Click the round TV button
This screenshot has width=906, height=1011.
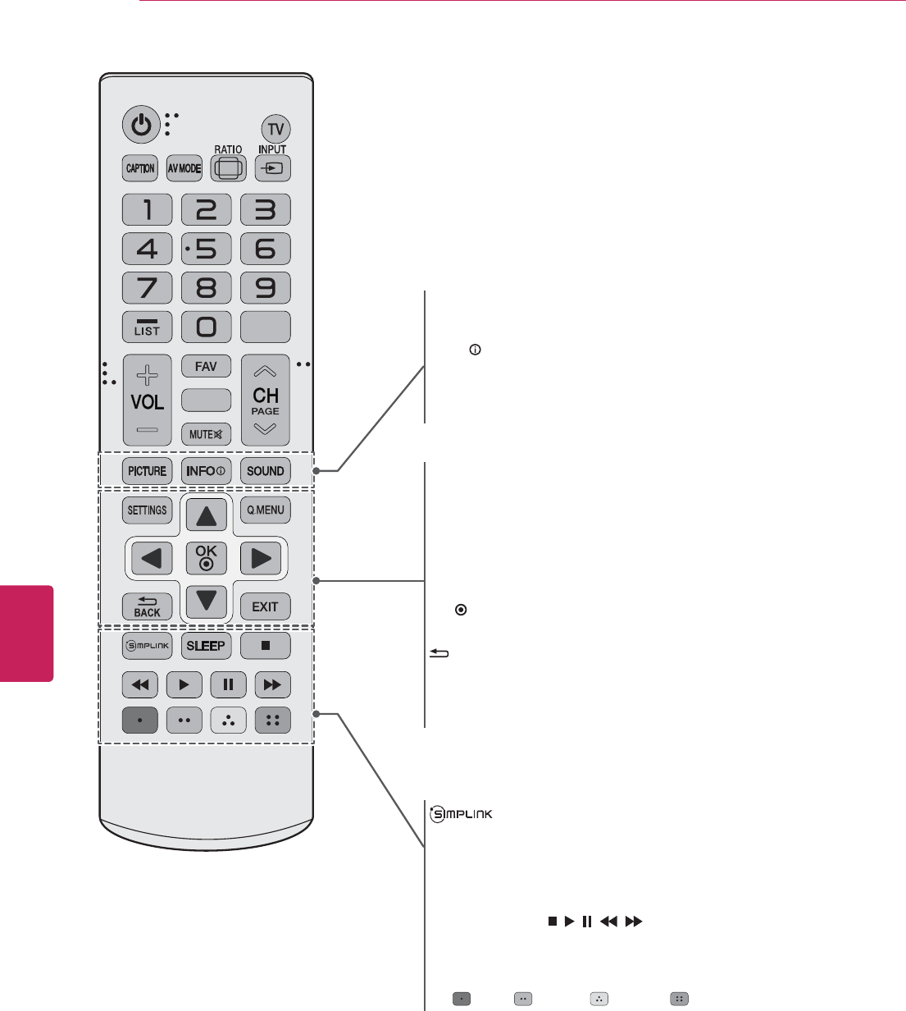[276, 129]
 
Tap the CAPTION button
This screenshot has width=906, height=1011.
[140, 168]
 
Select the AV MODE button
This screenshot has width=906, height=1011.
[184, 168]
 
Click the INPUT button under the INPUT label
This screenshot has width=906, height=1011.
[272, 169]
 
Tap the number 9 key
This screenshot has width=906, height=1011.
[266, 288]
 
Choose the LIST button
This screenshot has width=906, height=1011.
[148, 327]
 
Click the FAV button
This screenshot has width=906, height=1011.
[206, 366]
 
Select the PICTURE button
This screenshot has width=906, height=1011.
[148, 471]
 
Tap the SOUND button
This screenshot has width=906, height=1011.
[266, 471]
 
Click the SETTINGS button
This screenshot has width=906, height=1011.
[148, 510]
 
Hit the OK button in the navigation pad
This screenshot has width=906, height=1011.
[207, 557]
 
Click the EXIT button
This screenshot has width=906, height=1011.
[266, 606]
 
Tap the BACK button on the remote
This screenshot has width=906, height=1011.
[148, 606]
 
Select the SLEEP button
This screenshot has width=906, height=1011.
[206, 646]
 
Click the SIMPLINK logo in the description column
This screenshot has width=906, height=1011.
[460, 814]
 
